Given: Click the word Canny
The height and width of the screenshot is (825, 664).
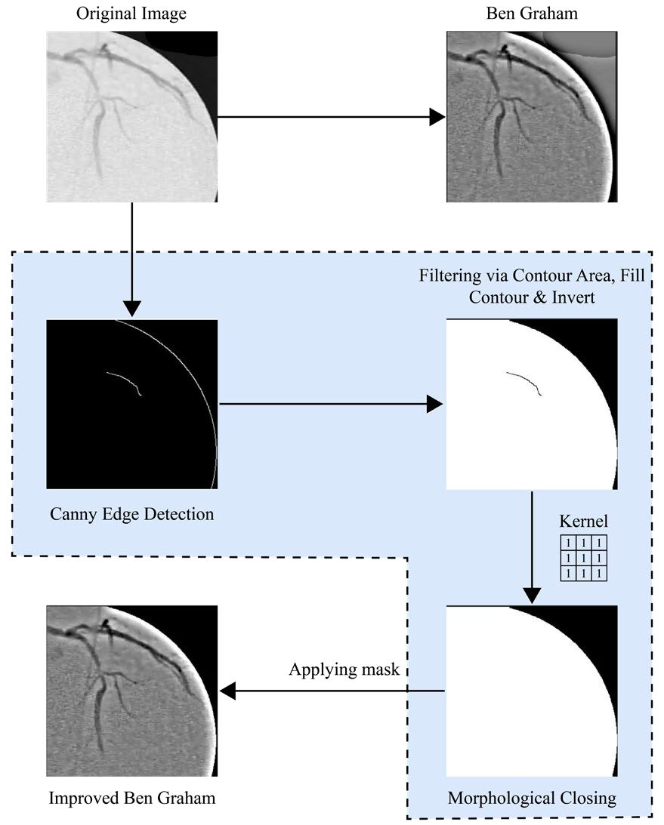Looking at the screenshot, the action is [x=72, y=515].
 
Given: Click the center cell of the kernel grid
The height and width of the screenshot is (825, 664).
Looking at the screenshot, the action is [x=582, y=559].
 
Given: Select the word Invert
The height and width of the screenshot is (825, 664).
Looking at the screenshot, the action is [x=575, y=297].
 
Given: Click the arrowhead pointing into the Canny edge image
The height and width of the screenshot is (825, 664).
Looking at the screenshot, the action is [x=132, y=308].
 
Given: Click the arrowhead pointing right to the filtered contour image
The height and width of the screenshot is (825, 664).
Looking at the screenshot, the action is [x=434, y=404].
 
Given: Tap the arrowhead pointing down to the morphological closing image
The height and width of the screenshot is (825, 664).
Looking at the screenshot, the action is [x=533, y=595].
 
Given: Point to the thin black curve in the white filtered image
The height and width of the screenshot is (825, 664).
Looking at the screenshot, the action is [x=523, y=380].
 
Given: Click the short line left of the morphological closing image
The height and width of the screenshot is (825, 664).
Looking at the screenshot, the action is [x=427, y=691].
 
